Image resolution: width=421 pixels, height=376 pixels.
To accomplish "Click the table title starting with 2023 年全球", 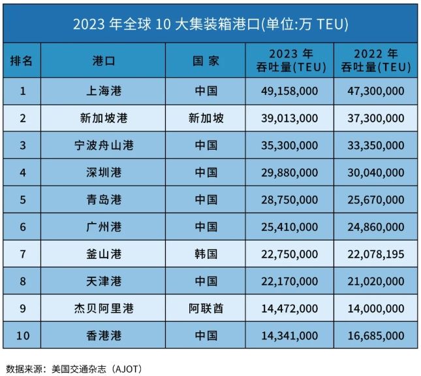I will (210, 24).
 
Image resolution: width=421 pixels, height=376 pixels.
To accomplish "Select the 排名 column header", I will (23, 61).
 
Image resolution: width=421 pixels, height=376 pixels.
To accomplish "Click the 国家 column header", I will (206, 61).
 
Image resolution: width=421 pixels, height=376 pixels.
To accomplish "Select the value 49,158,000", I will (290, 91).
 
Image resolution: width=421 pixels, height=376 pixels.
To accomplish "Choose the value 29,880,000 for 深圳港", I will (290, 173).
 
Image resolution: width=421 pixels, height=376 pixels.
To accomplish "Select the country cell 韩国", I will (206, 254).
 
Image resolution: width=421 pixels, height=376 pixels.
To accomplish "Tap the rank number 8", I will (23, 281).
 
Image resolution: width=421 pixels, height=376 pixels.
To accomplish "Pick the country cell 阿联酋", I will (206, 308).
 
